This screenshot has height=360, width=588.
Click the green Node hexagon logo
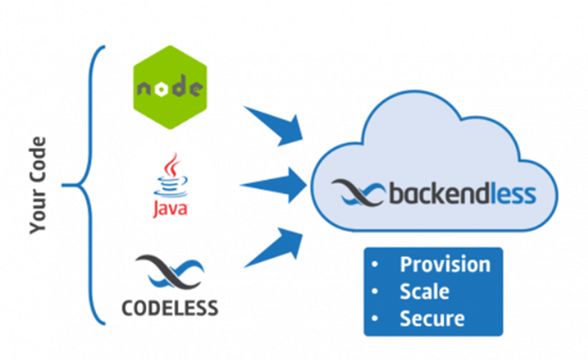tap(170, 87)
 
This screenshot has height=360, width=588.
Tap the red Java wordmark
tap(171, 208)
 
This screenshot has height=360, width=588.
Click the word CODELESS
tap(170, 308)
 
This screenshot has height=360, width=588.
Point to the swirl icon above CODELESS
tap(170, 272)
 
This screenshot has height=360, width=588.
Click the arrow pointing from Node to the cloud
tap(274, 126)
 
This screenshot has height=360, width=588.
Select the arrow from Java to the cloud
tap(274, 185)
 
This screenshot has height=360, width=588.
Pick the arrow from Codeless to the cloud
tap(274, 247)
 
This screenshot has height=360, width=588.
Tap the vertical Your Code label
tap(37, 185)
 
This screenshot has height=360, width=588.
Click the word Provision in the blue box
tap(446, 265)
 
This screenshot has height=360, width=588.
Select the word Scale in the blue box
tap(425, 291)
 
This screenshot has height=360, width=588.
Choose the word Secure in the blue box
tap(432, 319)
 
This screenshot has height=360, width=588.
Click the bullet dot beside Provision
tap(374, 264)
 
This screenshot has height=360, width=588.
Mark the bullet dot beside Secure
tap(374, 319)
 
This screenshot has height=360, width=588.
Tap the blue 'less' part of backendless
tap(513, 194)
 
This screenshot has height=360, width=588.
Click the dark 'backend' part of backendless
tap(440, 194)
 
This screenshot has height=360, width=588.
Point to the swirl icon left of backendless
tap(359, 193)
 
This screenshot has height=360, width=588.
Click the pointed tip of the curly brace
tap(63, 185)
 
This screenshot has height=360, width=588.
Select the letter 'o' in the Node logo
tap(162, 90)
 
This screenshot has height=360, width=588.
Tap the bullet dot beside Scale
tap(374, 291)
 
